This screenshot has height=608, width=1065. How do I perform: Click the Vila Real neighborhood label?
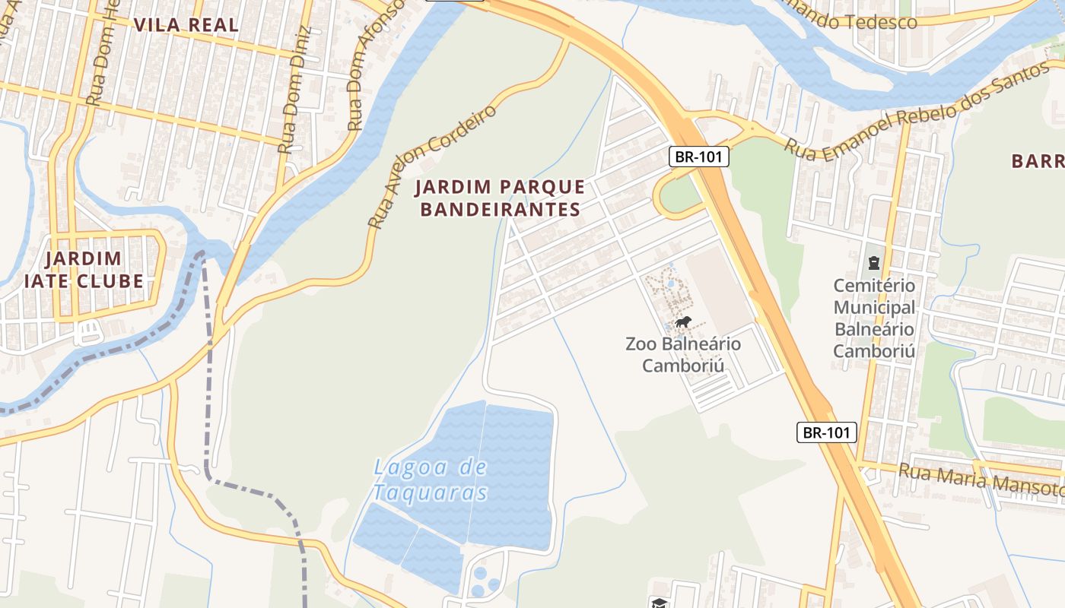tap(186, 24)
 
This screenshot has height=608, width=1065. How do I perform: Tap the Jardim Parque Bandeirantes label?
tap(501, 198)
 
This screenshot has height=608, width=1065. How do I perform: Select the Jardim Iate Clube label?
tap(84, 270)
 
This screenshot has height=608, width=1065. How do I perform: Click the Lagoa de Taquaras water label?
tap(431, 480)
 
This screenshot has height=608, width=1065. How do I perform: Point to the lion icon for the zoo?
tap(683, 323)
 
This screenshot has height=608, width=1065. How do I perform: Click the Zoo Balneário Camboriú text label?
tap(682, 355)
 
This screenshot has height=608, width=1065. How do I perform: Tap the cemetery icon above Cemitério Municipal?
tap(873, 263)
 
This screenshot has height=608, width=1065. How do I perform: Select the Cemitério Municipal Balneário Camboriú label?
tap(874, 318)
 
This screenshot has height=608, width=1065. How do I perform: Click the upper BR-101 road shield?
tap(699, 157)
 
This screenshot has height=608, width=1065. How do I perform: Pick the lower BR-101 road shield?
tap(827, 432)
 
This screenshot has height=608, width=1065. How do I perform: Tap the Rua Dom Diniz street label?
tap(295, 90)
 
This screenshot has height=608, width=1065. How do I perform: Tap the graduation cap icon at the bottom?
tap(658, 603)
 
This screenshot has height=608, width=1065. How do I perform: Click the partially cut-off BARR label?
tap(1038, 161)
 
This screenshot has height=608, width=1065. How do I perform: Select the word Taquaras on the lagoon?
tap(431, 492)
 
